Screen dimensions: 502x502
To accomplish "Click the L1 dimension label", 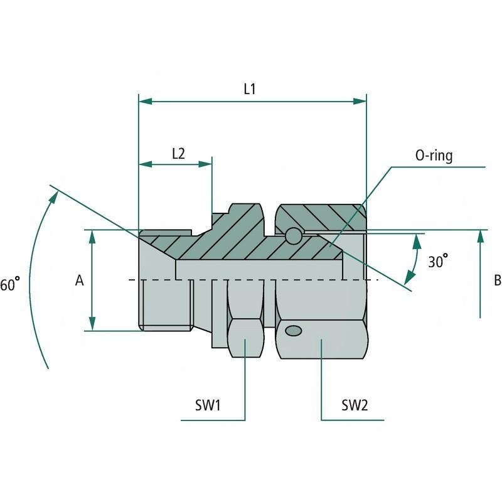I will click(249, 89).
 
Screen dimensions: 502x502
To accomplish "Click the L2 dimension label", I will click(178, 153).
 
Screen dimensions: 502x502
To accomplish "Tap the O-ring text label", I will click(434, 156).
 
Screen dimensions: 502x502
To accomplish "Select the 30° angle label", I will click(438, 261).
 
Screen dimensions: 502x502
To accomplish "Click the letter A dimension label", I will click(80, 281).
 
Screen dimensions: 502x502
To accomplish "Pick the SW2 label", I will click(355, 405).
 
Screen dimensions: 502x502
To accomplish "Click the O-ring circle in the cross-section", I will click(292, 235).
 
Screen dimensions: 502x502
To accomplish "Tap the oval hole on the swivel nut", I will click(292, 330).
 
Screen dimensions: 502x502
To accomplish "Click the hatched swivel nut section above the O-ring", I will click(320, 216).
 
